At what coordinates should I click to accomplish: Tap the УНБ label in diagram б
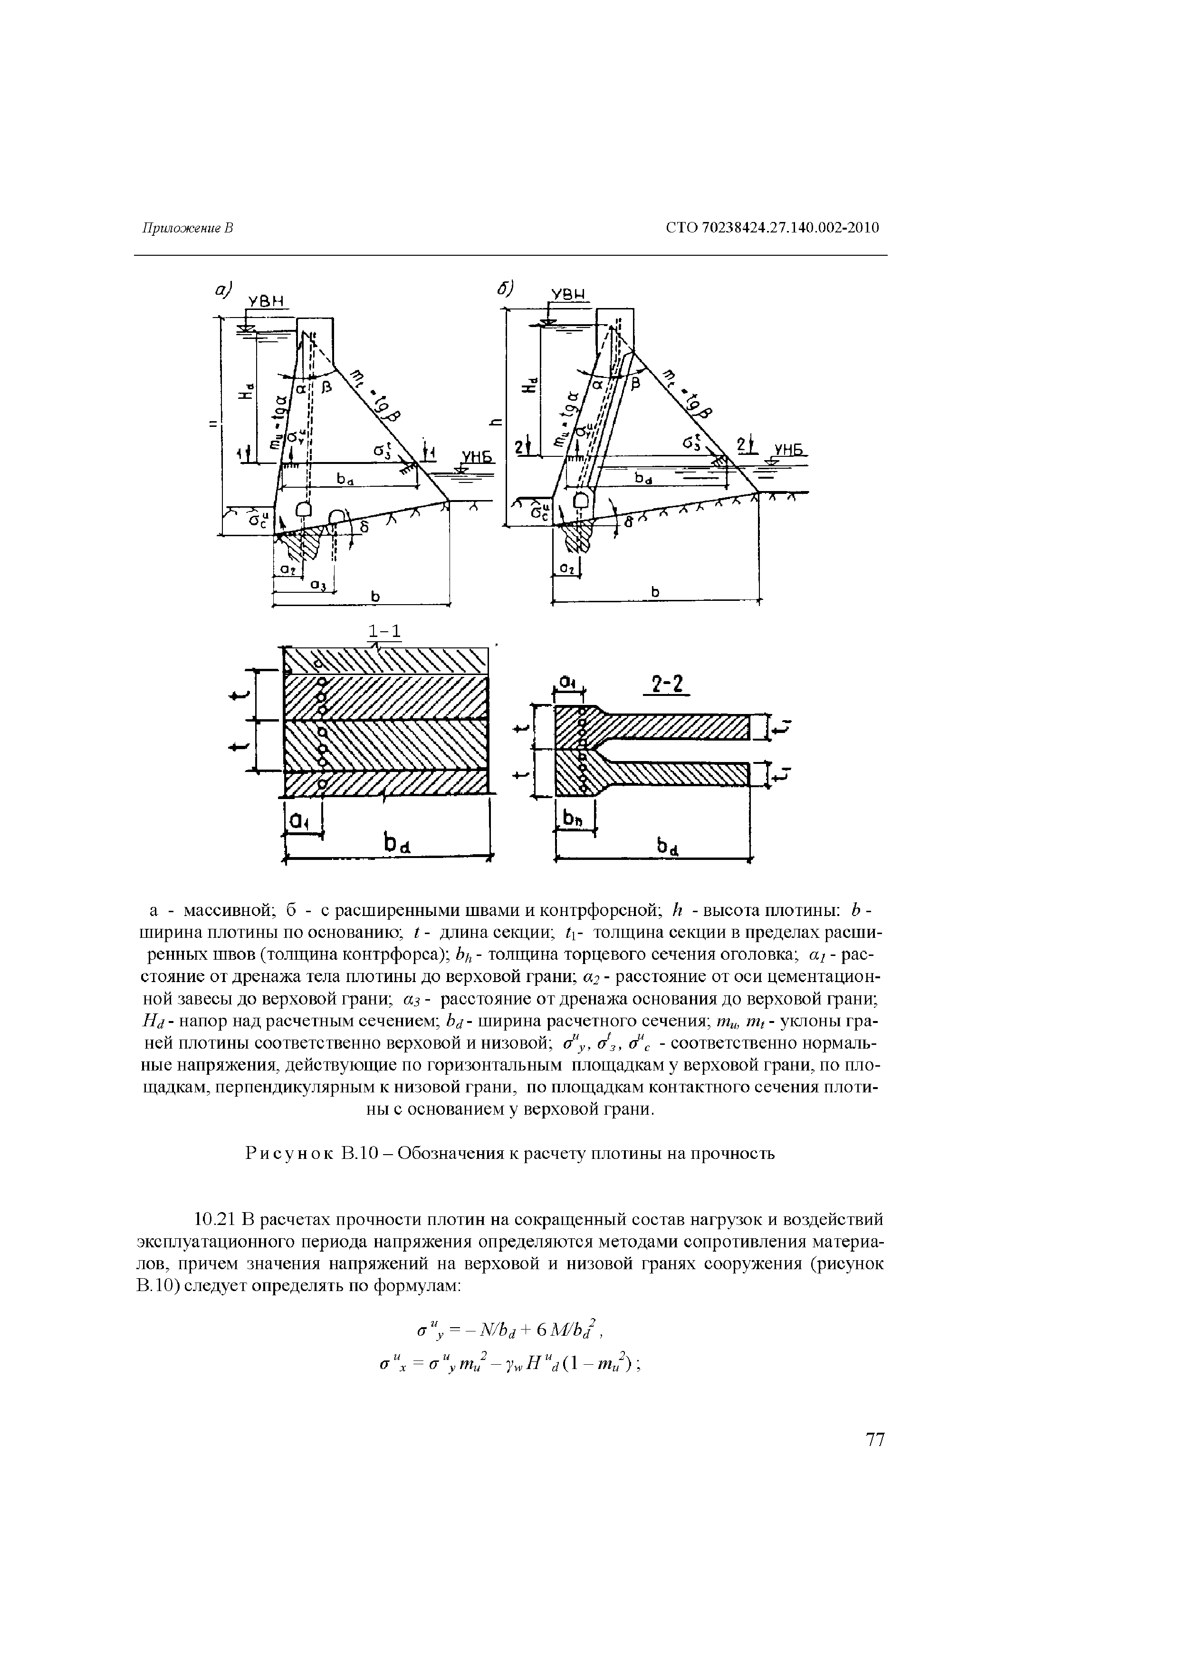[790, 451]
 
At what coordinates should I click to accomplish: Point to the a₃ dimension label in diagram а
[317, 584]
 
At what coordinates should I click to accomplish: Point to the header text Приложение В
[187, 228]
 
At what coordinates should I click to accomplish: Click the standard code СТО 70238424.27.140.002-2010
[772, 228]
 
